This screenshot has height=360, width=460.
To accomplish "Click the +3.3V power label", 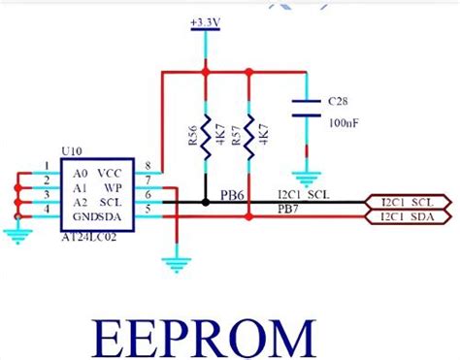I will click(x=205, y=20).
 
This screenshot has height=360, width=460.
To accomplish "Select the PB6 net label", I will click(x=231, y=194).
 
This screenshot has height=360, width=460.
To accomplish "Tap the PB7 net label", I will click(x=288, y=210).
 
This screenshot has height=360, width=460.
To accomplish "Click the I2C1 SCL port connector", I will click(x=407, y=202).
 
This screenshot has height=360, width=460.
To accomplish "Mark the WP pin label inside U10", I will click(x=114, y=185).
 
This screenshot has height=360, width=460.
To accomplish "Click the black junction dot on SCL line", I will click(x=206, y=202).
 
